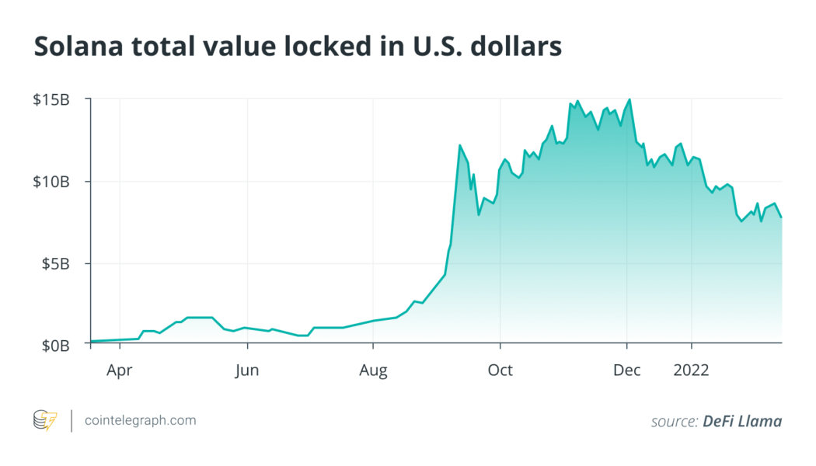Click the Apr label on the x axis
120,370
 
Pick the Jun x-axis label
246,370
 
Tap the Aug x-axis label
373,370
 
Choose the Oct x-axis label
500,370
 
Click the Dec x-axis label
626,370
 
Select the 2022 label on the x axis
691,370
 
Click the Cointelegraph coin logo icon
45,421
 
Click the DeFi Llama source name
742,422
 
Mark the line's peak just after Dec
629,99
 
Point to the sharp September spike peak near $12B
459,145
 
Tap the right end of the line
781,217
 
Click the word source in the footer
674,422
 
